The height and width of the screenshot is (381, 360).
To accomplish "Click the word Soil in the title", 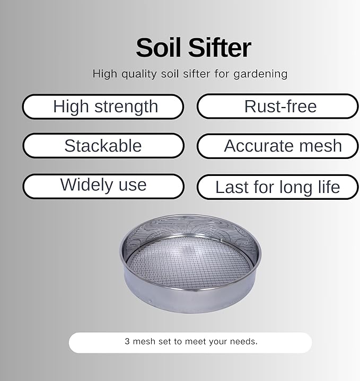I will point(159,48).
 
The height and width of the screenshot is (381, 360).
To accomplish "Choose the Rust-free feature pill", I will point(278,107).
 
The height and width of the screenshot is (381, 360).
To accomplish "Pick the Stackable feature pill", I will point(103,146).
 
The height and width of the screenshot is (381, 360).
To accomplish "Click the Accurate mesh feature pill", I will point(278,146).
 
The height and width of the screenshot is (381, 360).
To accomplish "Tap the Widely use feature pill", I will point(103,185).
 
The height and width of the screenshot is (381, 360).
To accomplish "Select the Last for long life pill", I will point(278,187).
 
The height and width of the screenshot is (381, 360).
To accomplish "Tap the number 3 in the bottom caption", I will point(127,342).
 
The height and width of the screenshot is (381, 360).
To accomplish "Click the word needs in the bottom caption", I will point(244,342).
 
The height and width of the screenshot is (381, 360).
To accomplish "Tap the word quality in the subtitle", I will point(139,74).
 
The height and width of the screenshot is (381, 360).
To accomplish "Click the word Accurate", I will point(253,146).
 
